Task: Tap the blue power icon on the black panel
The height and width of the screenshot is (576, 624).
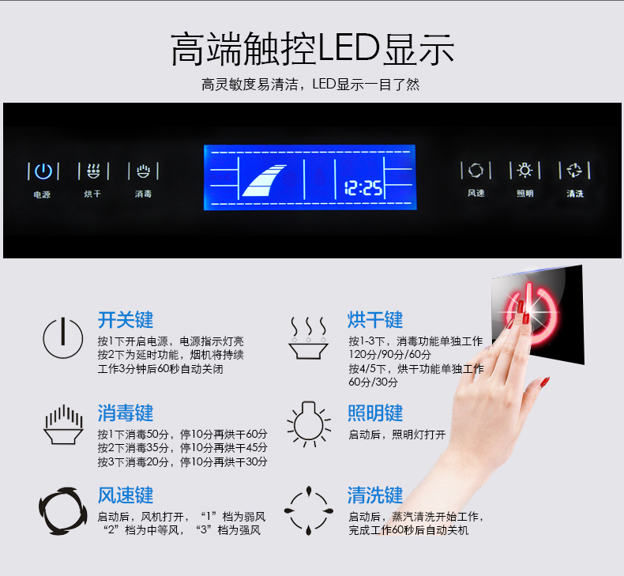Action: coord(43,171)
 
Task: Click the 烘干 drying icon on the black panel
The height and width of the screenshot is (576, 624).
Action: coord(93,171)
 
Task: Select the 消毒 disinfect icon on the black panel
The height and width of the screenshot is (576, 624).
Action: coord(143,171)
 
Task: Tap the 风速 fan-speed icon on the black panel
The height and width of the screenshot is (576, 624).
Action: coord(476,171)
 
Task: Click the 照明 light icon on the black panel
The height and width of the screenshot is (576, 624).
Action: coord(524,170)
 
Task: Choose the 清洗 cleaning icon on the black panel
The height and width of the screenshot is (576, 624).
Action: coord(574,171)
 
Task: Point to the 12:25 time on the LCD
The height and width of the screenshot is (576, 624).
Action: coord(363,187)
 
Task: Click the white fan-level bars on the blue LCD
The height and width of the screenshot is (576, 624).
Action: coord(265,180)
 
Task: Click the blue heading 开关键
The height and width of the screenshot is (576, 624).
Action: coord(126,320)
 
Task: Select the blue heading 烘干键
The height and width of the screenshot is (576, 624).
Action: coord(375,320)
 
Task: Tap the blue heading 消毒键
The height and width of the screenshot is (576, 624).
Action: coord(126,412)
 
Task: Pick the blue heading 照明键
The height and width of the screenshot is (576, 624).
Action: coord(375,412)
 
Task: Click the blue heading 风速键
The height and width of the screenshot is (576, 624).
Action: coord(126,495)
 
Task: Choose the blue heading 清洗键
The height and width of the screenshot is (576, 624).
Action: coord(375,495)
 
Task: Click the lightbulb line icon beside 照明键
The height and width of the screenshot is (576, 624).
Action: coord(309,424)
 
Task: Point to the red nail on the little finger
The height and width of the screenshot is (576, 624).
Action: coord(545,382)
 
